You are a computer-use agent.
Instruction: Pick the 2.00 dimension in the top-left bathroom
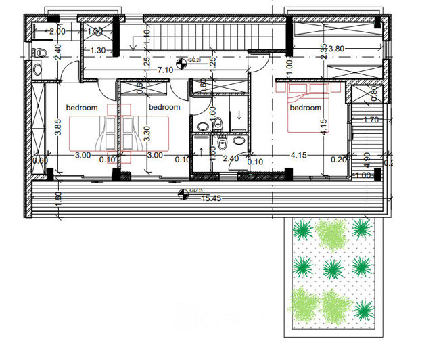click(x=57, y=31)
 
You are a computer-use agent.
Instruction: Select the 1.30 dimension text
click(x=97, y=50)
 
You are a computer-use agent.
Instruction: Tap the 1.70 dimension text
click(x=370, y=120)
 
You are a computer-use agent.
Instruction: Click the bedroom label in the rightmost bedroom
click(x=305, y=108)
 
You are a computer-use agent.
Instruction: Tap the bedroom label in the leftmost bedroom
click(x=81, y=108)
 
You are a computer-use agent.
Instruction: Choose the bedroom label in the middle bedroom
click(x=164, y=107)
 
